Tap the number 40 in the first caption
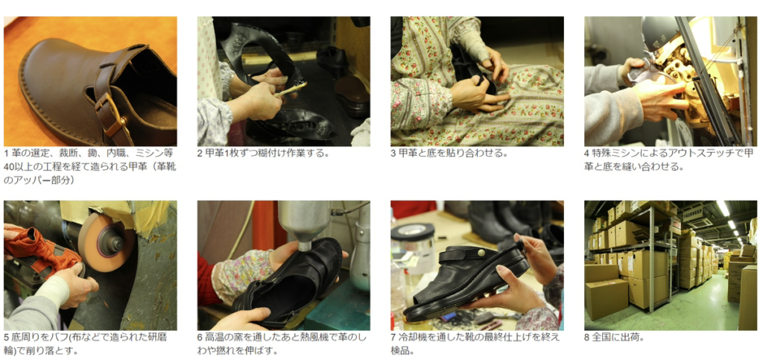click(8, 167)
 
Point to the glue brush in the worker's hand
click(291, 89)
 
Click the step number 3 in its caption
click(393, 154)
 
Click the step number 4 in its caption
click(587, 154)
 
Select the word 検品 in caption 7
click(399, 350)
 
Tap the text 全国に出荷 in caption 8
click(614, 337)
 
